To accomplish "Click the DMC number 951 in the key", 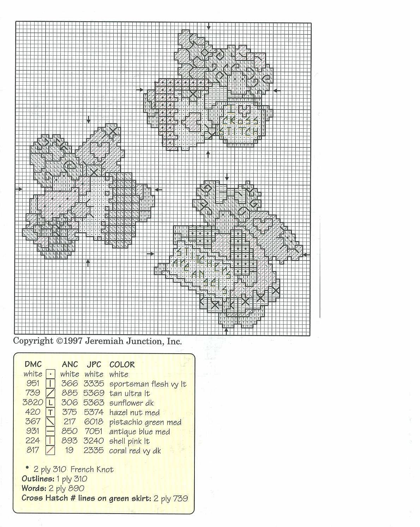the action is [x=32, y=383].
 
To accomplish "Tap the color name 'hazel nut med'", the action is [x=134, y=412].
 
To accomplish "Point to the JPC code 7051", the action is [x=94, y=431].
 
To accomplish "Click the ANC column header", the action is [x=70, y=364].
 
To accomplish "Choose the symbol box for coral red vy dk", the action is [x=50, y=451].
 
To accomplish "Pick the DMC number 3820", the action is [x=33, y=402].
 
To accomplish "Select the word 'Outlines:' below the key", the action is [x=38, y=479].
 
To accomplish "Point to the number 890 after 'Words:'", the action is [x=76, y=488].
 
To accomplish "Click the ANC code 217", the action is [x=70, y=422].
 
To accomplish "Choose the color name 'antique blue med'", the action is [x=139, y=431].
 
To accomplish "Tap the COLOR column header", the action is [x=122, y=364].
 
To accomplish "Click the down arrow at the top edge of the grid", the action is [x=209, y=26].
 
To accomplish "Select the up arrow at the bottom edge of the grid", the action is [x=226, y=331].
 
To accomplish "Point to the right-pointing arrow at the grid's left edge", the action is [x=19, y=189].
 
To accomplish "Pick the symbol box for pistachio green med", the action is [x=50, y=422].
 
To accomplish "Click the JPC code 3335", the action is [x=94, y=383].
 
